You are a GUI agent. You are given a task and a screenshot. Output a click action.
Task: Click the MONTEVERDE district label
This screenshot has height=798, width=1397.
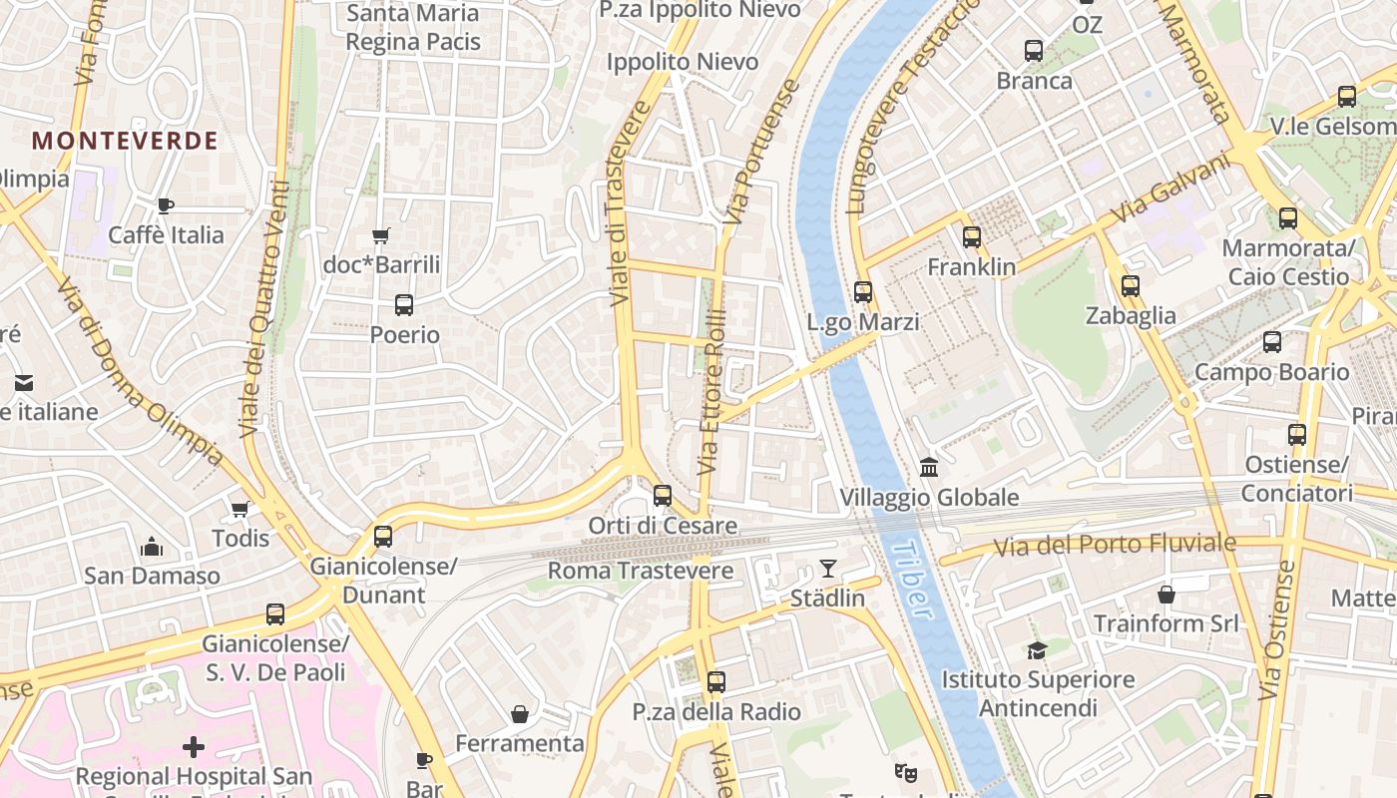(x=125, y=141)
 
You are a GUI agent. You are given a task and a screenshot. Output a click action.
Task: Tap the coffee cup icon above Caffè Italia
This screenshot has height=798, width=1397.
(x=166, y=206)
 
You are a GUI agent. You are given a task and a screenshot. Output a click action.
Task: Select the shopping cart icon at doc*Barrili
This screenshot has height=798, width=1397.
(x=380, y=236)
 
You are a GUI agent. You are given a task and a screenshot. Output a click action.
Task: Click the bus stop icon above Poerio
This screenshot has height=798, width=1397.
(x=404, y=305)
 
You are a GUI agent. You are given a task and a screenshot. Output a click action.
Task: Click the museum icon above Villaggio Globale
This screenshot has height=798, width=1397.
(x=929, y=467)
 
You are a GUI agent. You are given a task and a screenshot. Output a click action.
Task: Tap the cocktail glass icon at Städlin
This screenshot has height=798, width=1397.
(x=827, y=569)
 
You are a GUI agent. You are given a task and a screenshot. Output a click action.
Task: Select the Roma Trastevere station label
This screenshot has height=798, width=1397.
(x=641, y=572)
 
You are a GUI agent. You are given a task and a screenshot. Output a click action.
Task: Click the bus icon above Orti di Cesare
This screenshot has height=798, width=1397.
(x=662, y=495)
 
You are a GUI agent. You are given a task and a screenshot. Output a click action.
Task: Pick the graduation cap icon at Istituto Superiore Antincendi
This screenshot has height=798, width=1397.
(x=1037, y=650)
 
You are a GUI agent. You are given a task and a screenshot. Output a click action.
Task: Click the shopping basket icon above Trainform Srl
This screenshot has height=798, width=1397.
(x=1165, y=595)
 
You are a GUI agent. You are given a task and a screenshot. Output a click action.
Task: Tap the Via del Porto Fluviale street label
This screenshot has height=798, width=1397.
(x=1115, y=545)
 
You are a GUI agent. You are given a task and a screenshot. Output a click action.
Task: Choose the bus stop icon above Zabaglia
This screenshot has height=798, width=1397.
(x=1130, y=286)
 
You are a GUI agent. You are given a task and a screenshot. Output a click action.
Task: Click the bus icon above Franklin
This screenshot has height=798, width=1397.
(x=971, y=237)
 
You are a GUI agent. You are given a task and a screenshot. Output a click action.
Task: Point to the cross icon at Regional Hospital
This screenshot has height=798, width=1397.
(x=194, y=746)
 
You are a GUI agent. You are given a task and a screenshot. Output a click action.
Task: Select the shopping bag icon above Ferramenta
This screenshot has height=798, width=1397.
(x=519, y=714)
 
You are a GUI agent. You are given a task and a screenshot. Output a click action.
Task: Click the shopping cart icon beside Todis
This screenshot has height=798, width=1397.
(x=239, y=509)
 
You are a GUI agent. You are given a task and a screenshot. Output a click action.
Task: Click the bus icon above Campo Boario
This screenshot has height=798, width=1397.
(x=1271, y=342)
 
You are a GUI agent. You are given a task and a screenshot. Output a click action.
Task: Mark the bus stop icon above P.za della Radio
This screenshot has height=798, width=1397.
(x=715, y=682)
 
